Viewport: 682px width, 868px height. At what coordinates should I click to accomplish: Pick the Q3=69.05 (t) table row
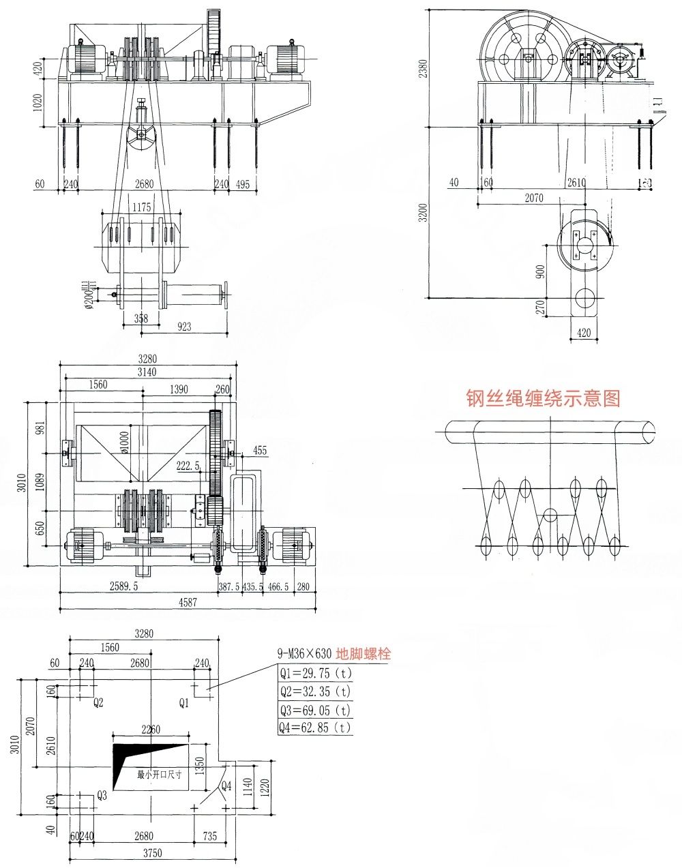coord(314,710)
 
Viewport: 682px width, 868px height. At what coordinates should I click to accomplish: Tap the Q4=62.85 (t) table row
coord(314,728)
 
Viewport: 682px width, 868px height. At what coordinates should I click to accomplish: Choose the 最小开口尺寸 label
coord(160,775)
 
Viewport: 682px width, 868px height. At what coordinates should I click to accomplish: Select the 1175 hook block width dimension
coord(142,207)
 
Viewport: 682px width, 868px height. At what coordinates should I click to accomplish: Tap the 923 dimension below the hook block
coord(183,327)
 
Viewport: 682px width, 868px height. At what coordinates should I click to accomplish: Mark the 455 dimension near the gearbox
coord(260,450)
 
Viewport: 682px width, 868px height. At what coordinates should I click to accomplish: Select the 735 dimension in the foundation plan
coord(209,836)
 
